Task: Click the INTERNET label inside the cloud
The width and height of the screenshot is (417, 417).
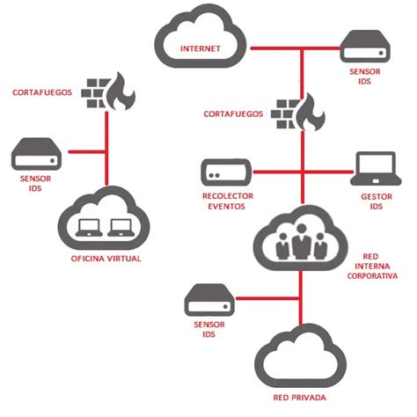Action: coord(201,48)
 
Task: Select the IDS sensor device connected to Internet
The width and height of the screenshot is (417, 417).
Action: coord(365,47)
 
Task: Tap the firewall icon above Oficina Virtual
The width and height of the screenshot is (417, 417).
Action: coord(108,91)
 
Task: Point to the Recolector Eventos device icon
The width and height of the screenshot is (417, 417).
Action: coord(226,172)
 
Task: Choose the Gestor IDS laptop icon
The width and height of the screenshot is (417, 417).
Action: coord(376,168)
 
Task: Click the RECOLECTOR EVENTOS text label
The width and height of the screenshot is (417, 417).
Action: coord(227,201)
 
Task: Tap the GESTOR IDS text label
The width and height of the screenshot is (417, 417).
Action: coord(377,201)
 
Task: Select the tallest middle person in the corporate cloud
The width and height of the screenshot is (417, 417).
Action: coord(302,242)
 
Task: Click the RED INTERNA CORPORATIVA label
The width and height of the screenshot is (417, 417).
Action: coord(372,267)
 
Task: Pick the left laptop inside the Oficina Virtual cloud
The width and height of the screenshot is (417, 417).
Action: coord(89,228)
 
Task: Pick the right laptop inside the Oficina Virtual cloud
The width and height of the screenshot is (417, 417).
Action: coord(121,228)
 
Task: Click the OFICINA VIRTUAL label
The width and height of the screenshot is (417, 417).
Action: coord(106,259)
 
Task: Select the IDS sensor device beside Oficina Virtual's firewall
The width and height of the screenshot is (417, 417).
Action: coord(36,154)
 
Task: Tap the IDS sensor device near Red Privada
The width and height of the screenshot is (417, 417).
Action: coord(209,300)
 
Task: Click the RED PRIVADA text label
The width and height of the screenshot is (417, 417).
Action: coord(300,398)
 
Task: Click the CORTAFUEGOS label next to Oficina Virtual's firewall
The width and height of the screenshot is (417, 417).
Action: coord(42,92)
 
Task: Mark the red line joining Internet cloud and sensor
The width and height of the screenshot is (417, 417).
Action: coord(296,48)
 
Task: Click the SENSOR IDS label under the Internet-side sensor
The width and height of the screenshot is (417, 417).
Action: coord(365,77)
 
